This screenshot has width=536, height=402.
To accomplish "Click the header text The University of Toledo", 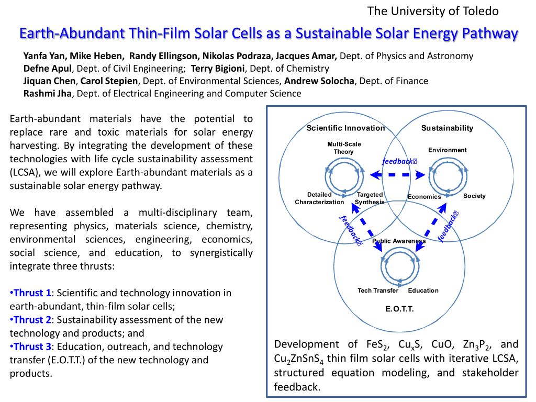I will coord(433,11).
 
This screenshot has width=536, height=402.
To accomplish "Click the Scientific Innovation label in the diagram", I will coord(345,128).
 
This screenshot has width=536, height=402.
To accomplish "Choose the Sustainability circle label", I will coord(447,128).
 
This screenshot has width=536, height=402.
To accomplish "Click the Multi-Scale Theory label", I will coord(344,148).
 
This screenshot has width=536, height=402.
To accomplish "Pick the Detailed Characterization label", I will coord(319,198).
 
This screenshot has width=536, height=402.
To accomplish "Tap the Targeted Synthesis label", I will coord(370,198).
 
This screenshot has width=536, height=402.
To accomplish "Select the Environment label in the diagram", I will coord(447,150).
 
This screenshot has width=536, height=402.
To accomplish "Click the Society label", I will coord(474,196).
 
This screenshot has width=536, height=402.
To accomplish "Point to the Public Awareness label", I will coord(399,241).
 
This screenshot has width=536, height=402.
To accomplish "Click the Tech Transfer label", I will coord(378,291).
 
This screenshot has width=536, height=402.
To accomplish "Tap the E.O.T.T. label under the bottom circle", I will coord(399,309).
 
